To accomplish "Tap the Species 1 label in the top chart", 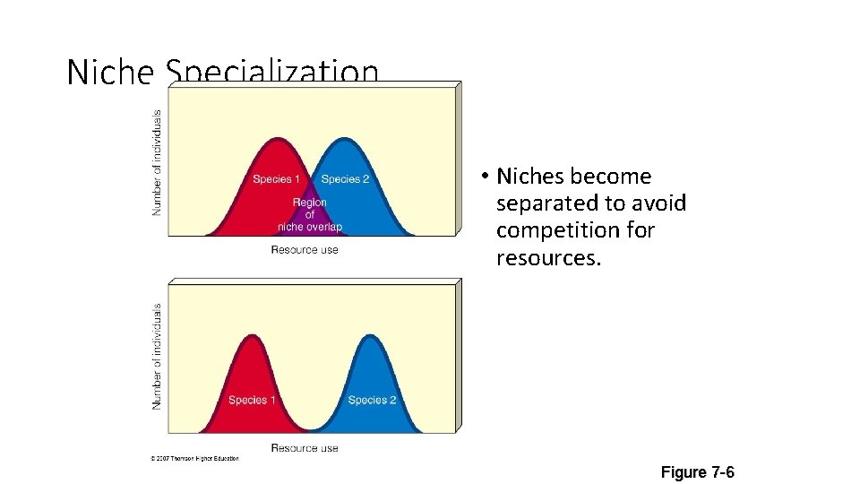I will tap(277, 179).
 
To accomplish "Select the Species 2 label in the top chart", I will tap(345, 179).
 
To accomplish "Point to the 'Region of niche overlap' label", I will tap(310, 214).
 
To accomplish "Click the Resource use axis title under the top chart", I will tap(305, 249).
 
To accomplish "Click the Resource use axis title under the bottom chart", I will tap(305, 447).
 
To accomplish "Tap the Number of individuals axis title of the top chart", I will tap(158, 162).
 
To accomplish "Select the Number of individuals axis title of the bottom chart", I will tap(158, 356).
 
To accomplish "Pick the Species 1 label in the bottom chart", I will tap(252, 400).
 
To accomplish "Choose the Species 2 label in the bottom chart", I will tap(372, 400).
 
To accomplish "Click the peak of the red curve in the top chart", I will tap(279, 140).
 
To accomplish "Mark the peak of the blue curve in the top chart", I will tap(342, 140).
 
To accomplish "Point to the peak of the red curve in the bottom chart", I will tap(252, 335).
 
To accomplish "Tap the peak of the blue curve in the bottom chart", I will tap(371, 335).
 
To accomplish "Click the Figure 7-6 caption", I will tap(697, 471).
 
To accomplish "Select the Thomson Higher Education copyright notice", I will tap(194, 459).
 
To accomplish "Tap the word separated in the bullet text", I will tap(546, 203).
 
